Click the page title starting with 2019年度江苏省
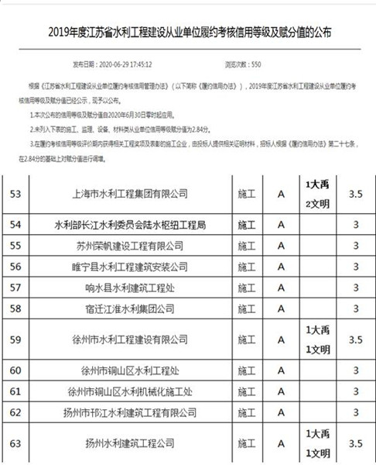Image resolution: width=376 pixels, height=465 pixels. pyautogui.click(x=188, y=32)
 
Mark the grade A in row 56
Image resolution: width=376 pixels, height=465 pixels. pyautogui.click(x=281, y=267)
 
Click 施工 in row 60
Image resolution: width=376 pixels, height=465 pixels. pyautogui.click(x=247, y=370)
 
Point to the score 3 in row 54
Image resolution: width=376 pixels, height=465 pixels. pyautogui.click(x=356, y=225)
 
